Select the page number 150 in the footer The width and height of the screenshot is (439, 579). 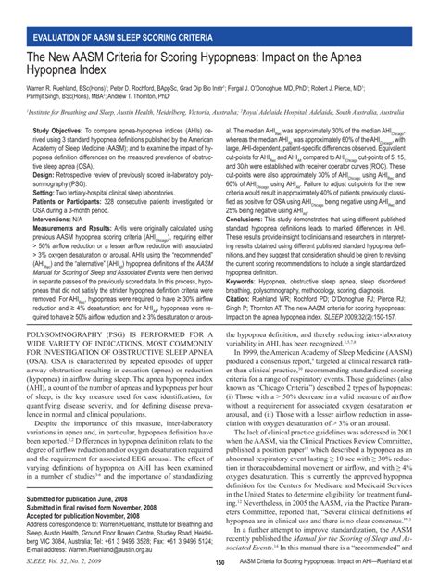tap(219, 563)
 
